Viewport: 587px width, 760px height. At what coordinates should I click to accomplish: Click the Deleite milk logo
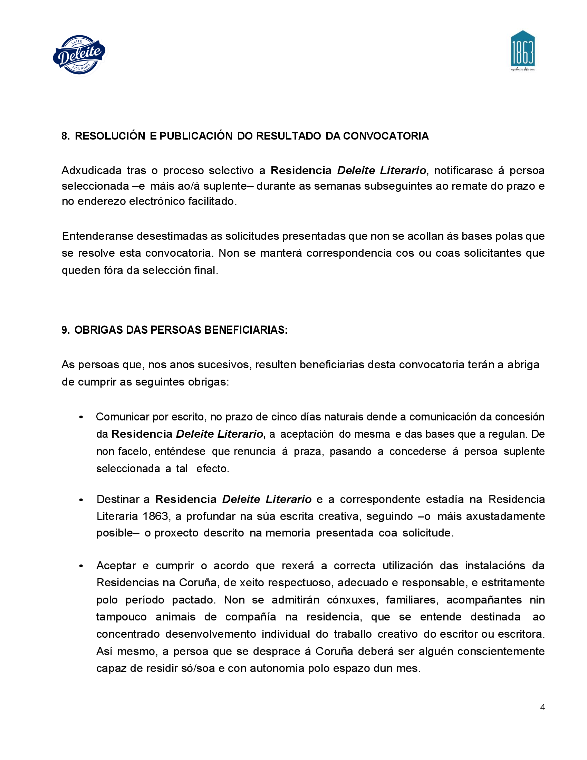pos(80,54)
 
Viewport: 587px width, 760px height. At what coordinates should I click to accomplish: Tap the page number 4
pos(542,707)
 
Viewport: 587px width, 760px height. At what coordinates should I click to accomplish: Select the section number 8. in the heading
pos(65,136)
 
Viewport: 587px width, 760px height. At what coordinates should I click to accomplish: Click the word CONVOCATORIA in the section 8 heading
pos(386,136)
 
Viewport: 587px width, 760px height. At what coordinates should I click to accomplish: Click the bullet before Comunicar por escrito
pos(81,417)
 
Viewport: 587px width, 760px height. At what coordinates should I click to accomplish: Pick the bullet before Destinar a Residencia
pos(81,500)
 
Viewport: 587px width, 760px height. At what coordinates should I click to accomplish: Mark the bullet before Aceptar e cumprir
pos(81,566)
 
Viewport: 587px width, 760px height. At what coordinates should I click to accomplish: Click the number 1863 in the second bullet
pos(155,516)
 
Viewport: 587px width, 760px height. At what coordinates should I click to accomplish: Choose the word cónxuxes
pos(352,600)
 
